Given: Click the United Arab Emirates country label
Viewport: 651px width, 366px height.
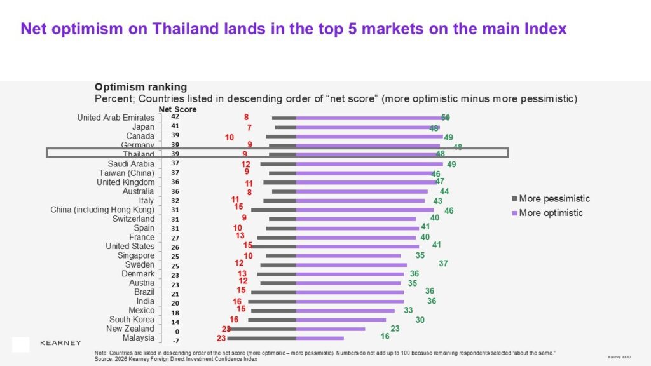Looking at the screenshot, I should (x=116, y=118).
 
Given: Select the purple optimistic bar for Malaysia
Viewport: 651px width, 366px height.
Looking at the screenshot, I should (x=320, y=338).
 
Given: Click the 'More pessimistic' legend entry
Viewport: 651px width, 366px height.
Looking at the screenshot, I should (x=554, y=199).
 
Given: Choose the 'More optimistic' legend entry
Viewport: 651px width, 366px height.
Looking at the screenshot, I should (x=551, y=213).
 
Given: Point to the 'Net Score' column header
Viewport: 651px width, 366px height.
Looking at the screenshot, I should (x=177, y=109).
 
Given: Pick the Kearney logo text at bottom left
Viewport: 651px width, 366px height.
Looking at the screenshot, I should (x=60, y=343).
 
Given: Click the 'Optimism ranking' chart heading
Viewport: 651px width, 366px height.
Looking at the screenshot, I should (x=140, y=86).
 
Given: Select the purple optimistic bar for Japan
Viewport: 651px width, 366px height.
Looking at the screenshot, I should (x=367, y=127).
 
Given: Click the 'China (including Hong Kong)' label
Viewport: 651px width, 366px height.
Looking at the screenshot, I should (x=102, y=210).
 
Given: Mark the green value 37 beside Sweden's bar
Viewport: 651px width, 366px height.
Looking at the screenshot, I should (x=444, y=263).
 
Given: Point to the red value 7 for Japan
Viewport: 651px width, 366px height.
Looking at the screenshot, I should (x=249, y=128).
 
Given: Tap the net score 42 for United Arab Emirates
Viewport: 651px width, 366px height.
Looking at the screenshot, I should (x=175, y=116).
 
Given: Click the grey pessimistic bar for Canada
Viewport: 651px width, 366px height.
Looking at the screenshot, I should (x=281, y=136).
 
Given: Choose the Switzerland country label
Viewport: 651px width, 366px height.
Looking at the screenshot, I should (x=134, y=219).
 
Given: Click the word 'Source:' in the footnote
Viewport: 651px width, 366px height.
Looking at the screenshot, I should (x=104, y=359).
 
